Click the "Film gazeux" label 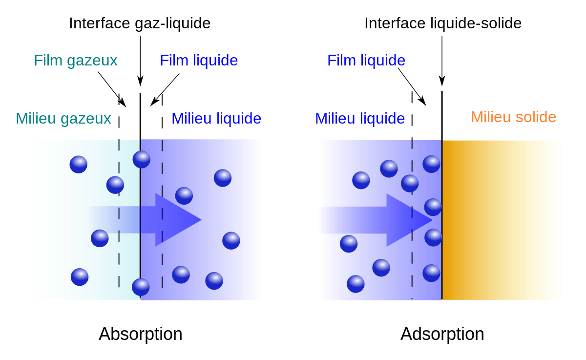[x=76, y=61]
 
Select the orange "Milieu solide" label [x=513, y=117]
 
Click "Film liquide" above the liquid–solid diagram [x=366, y=61]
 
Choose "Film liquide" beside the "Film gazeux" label [x=199, y=61]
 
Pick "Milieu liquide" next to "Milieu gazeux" [x=216, y=119]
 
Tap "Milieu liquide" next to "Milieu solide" [x=360, y=119]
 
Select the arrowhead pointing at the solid [x=408, y=220]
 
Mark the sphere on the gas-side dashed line [x=115, y=185]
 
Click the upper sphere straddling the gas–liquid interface [x=142, y=159]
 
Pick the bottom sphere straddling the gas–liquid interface [x=141, y=287]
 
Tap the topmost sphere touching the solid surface [x=431, y=164]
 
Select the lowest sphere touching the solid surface [x=431, y=273]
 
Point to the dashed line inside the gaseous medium [x=119, y=254]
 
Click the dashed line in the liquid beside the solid [x=412, y=254]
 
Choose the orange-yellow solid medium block [x=503, y=220]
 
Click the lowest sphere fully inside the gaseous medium [x=80, y=277]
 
